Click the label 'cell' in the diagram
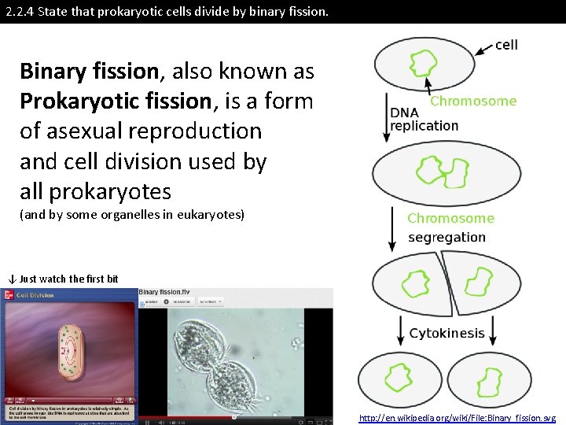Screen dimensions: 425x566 coord(506,44)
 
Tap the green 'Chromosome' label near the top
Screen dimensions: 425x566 coord(473,101)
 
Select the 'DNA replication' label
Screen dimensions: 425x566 coord(424,119)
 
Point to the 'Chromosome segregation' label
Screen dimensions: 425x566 coord(450,227)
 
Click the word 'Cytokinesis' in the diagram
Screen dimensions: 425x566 coord(447,333)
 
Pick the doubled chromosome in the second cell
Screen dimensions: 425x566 coord(441,172)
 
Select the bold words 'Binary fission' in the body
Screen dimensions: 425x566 coord(89,72)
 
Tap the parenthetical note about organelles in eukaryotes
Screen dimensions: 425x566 coord(132,215)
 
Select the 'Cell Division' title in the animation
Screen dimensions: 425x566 coord(35,295)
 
